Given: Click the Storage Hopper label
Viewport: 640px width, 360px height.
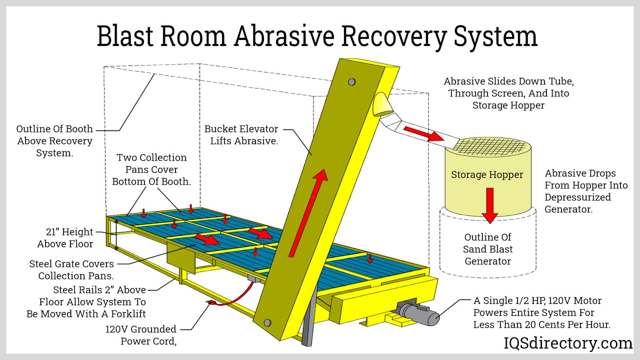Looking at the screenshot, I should point(487,175).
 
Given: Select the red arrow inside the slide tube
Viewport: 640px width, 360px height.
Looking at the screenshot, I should point(423,134).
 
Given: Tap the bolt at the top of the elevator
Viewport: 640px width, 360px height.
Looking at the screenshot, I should point(352,82).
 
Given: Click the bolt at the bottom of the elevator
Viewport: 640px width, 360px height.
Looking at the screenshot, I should point(267,323).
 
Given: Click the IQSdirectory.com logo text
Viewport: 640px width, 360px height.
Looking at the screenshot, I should point(568,343).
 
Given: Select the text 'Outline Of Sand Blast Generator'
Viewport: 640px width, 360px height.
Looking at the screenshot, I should point(488,249).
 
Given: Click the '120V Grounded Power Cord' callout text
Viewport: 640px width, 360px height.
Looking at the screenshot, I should point(141,335).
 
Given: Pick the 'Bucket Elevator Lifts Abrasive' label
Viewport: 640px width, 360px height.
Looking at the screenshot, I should point(242,135).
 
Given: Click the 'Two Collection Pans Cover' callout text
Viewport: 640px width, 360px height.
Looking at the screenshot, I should point(152,169).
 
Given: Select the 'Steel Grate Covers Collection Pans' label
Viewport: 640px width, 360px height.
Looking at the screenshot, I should point(72,270).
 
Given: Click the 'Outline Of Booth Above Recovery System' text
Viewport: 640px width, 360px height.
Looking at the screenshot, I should point(55,141).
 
